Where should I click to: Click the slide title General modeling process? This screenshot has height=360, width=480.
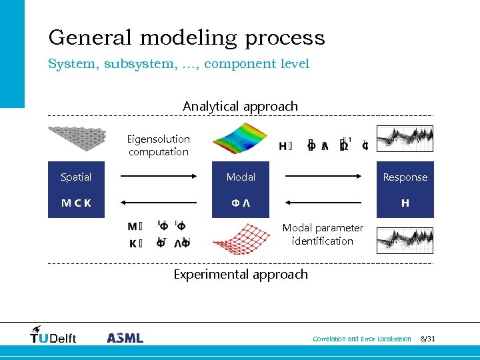pyautogui.click(x=187, y=37)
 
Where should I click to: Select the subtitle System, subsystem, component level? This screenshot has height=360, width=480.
pyautogui.click(x=179, y=64)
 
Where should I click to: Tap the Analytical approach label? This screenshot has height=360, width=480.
pyautogui.click(x=240, y=106)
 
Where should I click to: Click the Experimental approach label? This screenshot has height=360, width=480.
pyautogui.click(x=240, y=274)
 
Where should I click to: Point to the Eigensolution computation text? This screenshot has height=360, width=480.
pyautogui.click(x=159, y=145)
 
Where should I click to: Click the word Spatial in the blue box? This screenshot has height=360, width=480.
pyautogui.click(x=76, y=177)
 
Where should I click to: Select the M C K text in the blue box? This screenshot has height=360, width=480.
pyautogui.click(x=76, y=203)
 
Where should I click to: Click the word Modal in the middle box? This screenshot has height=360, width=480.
pyautogui.click(x=241, y=177)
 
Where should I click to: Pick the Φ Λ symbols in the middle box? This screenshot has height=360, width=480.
pyautogui.click(x=241, y=203)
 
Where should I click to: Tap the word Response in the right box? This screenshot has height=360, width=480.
pyautogui.click(x=405, y=177)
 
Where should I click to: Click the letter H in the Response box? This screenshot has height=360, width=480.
pyautogui.click(x=405, y=203)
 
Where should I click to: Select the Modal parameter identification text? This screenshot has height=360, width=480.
pyautogui.click(x=323, y=234)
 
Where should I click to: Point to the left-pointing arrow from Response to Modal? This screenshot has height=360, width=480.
pyautogui.click(x=323, y=203)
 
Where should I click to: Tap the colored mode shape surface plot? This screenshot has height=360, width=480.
pyautogui.click(x=241, y=138)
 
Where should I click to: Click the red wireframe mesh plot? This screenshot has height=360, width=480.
pyautogui.click(x=241, y=239)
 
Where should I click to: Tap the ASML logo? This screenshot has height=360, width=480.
pyautogui.click(x=125, y=337)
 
